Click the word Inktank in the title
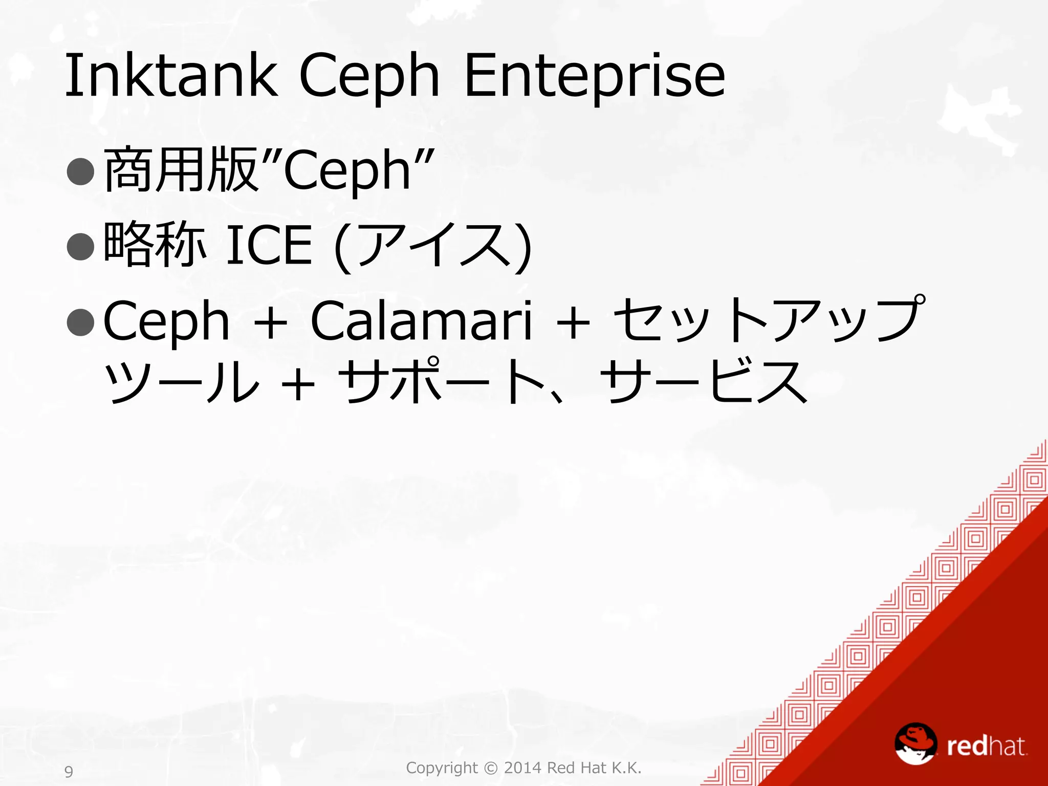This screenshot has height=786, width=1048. point(171,76)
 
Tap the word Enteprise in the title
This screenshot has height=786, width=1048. point(594,76)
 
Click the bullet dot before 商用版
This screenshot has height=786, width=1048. point(81,171)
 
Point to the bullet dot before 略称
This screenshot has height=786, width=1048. point(81,246)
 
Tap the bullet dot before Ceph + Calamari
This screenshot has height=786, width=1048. point(81,321)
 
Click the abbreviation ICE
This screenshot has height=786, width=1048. point(269,246)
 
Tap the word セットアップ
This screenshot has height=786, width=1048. point(768,320)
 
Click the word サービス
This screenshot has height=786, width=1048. point(704,381)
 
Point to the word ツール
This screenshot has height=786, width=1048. point(182,381)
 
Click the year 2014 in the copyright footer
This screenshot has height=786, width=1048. point(522,768)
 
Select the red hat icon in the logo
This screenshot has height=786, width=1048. point(915,743)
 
